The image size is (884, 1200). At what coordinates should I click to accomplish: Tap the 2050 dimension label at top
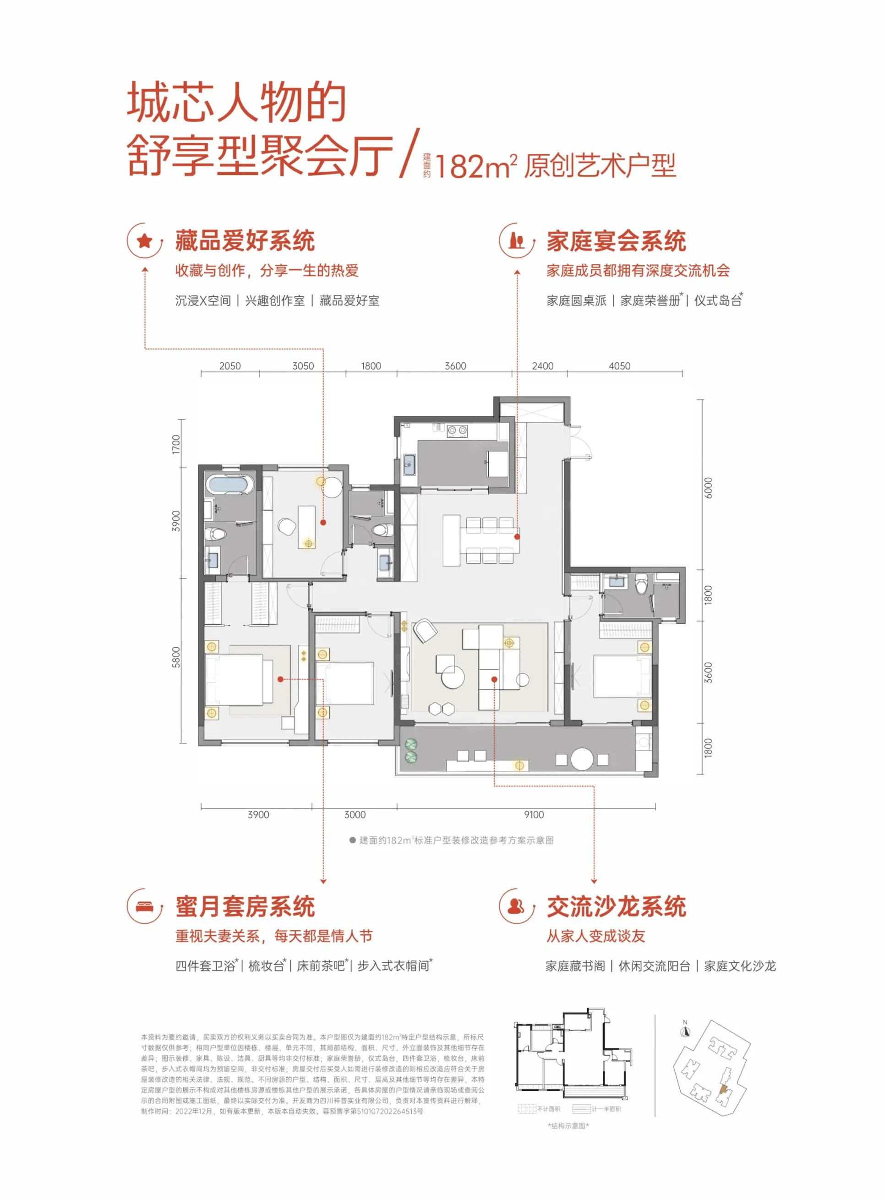point(229,366)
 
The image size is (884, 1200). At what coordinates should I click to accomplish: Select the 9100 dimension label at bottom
point(534,814)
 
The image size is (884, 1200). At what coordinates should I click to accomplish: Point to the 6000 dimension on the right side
point(708,488)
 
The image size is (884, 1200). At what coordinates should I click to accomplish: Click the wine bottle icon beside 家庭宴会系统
point(516,241)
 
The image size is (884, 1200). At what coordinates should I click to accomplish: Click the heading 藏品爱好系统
point(245,241)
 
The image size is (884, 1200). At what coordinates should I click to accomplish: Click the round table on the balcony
point(582,758)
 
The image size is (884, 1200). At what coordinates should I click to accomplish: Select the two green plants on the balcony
point(411,750)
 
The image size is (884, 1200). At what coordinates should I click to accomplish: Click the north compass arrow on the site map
point(686,1031)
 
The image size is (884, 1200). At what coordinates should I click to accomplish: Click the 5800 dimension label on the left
point(176,657)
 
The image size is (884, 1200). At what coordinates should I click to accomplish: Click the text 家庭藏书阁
point(575,965)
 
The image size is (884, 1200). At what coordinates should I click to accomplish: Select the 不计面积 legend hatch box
point(527,1109)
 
